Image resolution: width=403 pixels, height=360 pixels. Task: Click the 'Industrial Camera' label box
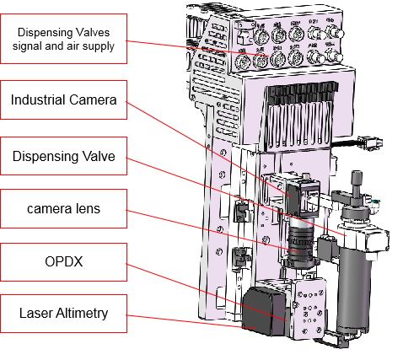pyautogui.click(x=63, y=100)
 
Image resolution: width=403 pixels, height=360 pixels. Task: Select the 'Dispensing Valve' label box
pyautogui.click(x=63, y=156)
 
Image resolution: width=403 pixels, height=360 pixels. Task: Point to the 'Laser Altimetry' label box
pyautogui.click(x=63, y=313)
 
